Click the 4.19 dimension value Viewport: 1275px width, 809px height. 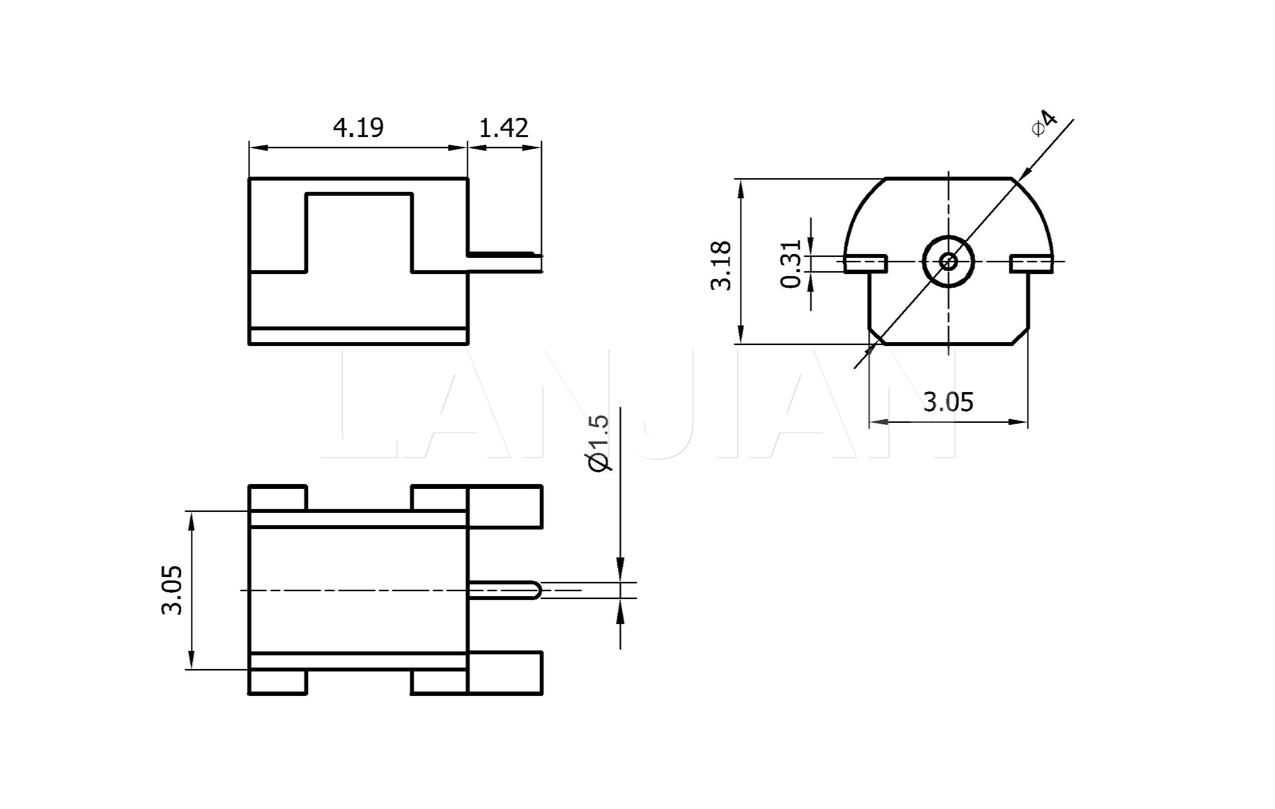click(x=358, y=128)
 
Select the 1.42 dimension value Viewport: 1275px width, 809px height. click(x=504, y=128)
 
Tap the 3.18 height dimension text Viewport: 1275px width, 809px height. click(x=721, y=266)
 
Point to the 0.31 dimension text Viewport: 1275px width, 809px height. click(x=791, y=263)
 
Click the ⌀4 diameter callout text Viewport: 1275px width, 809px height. click(x=1044, y=123)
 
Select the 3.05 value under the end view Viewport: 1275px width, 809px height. click(x=948, y=402)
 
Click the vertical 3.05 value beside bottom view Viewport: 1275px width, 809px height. click(x=171, y=591)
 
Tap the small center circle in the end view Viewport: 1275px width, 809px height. click(x=948, y=261)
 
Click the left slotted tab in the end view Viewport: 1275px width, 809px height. click(x=865, y=263)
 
